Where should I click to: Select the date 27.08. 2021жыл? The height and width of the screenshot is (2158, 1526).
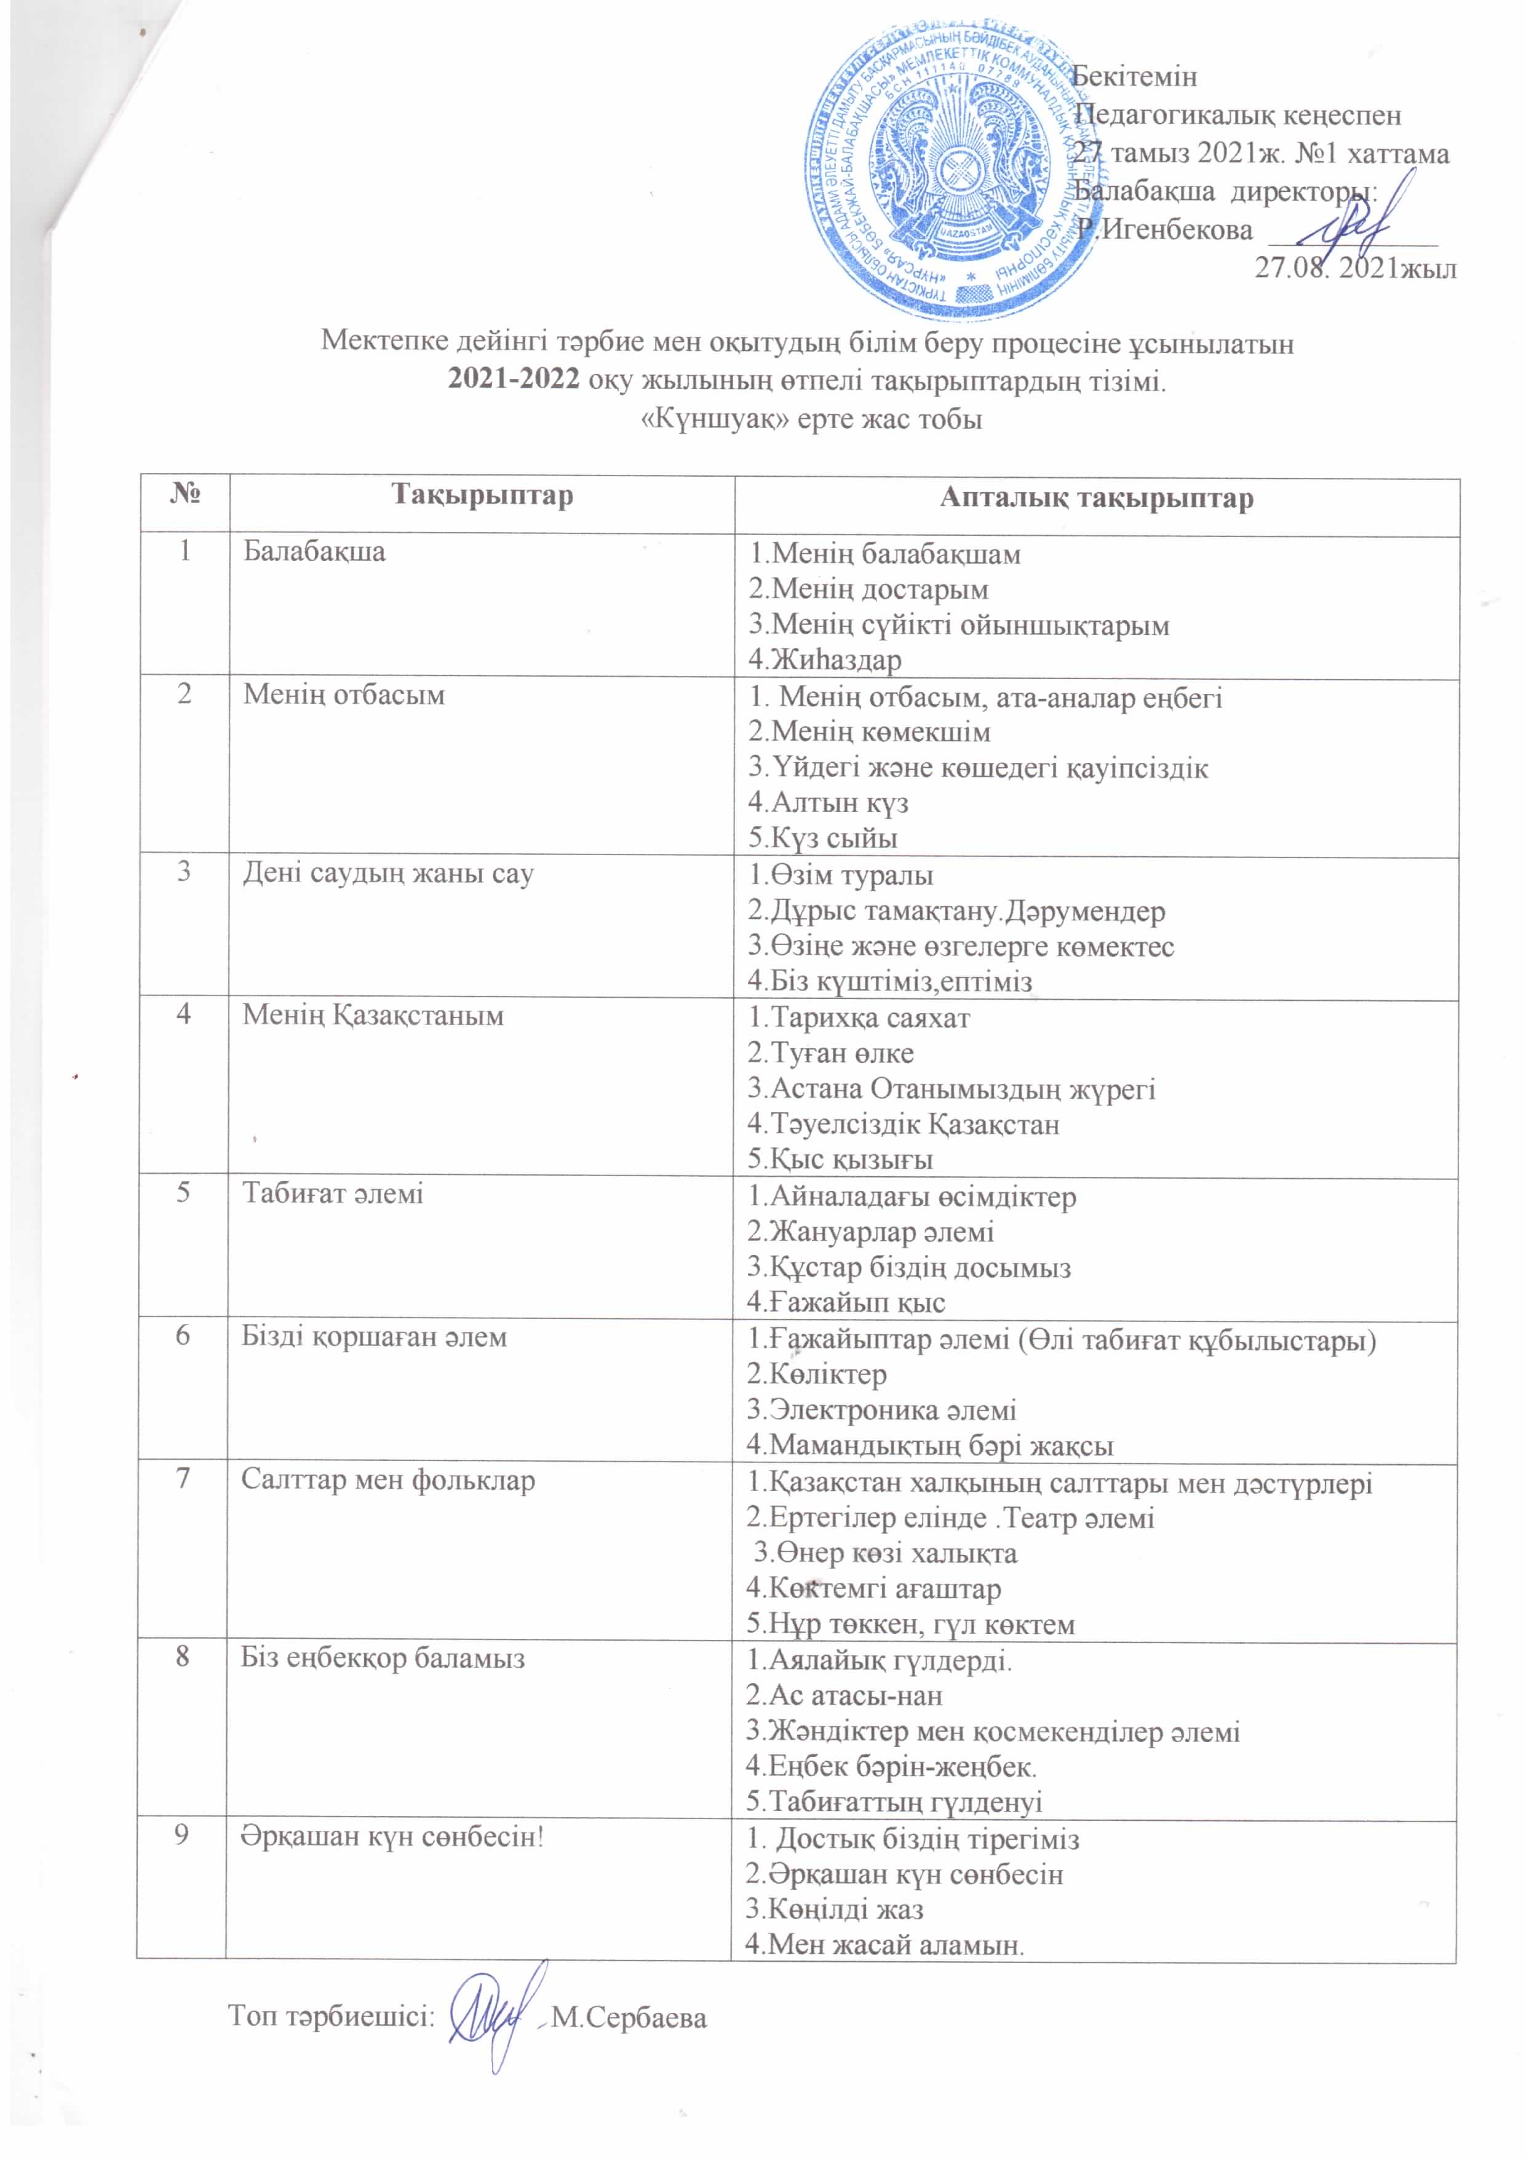pos(1356,269)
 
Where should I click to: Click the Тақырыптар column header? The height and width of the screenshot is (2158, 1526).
pos(481,496)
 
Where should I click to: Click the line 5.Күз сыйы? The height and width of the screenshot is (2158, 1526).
pos(822,837)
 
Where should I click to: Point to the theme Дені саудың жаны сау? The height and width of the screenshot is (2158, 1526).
pos(388,873)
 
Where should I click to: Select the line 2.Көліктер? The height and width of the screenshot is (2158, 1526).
pos(817,1374)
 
